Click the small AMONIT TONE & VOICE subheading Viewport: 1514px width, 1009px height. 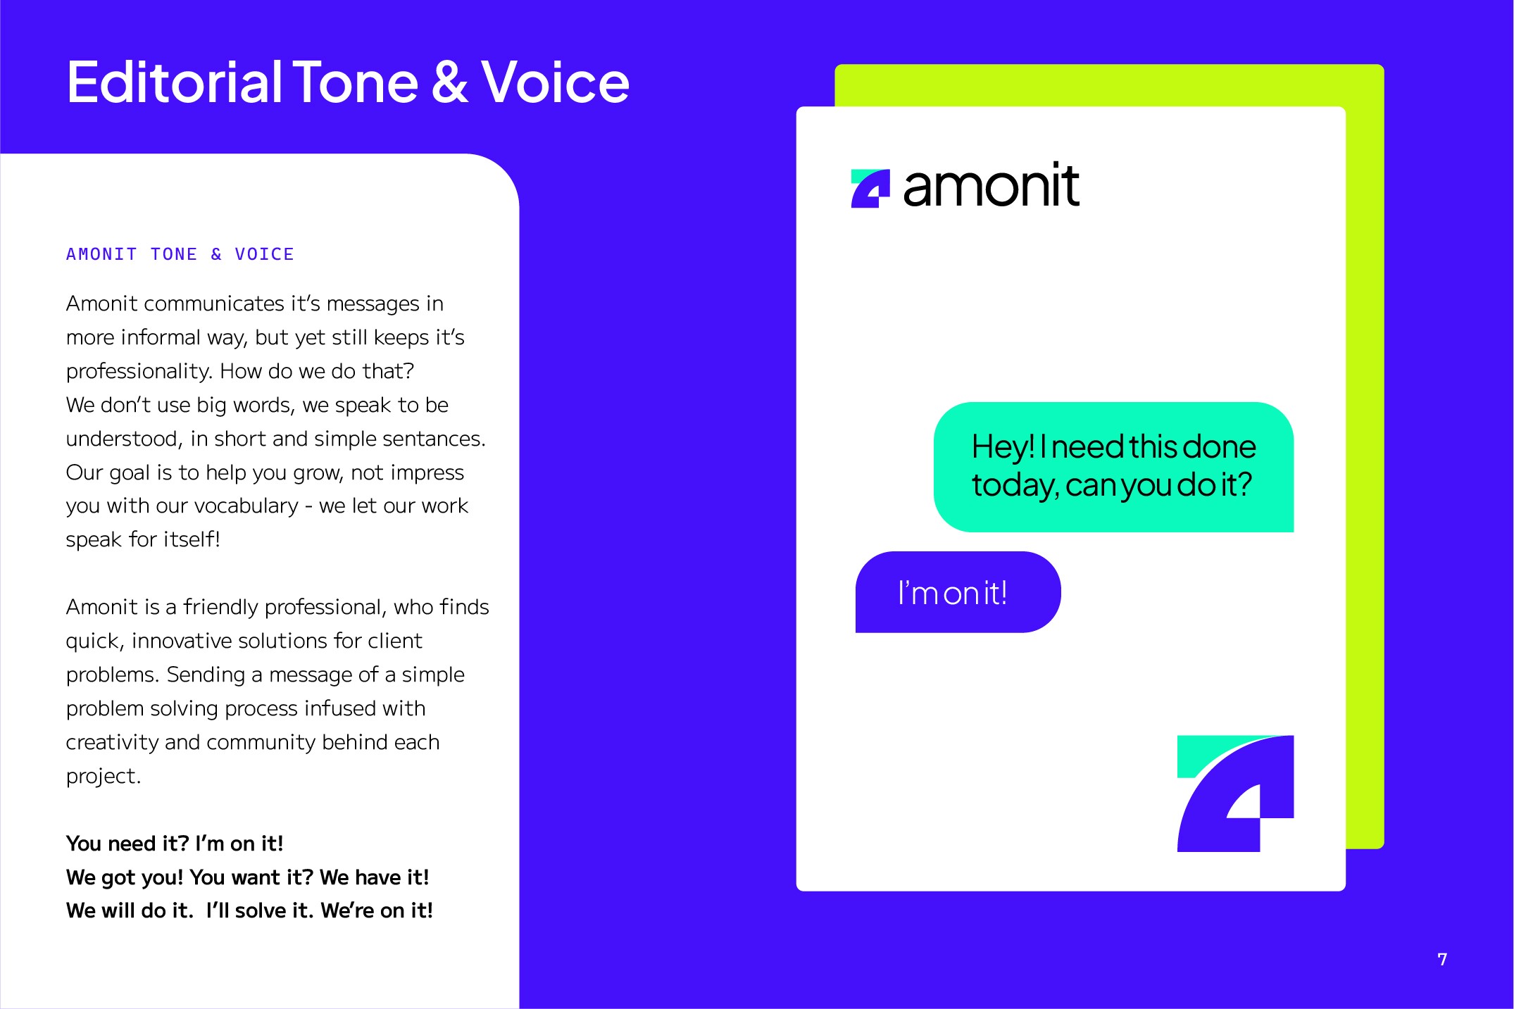click(x=180, y=254)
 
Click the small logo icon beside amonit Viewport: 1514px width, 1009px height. click(x=870, y=189)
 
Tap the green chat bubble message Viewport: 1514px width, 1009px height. click(x=1113, y=467)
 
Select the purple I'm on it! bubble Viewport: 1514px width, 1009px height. click(x=958, y=592)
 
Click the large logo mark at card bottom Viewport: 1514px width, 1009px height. click(x=1235, y=794)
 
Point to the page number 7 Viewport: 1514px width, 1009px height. click(x=1442, y=959)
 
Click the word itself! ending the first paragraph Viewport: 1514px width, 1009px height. click(x=192, y=539)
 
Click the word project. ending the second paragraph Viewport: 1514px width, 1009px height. click(x=104, y=777)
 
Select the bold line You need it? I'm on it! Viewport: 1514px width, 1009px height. click(x=175, y=844)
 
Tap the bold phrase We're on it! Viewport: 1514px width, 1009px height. click(x=377, y=910)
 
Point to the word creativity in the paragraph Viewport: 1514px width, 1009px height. click(x=112, y=743)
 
